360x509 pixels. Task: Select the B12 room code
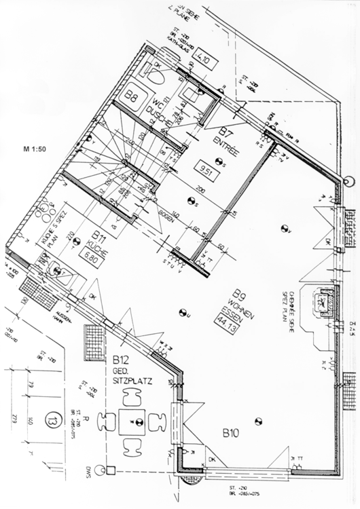pyautogui.click(x=122, y=360)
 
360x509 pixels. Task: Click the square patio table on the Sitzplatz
pyautogui.click(x=134, y=422)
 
